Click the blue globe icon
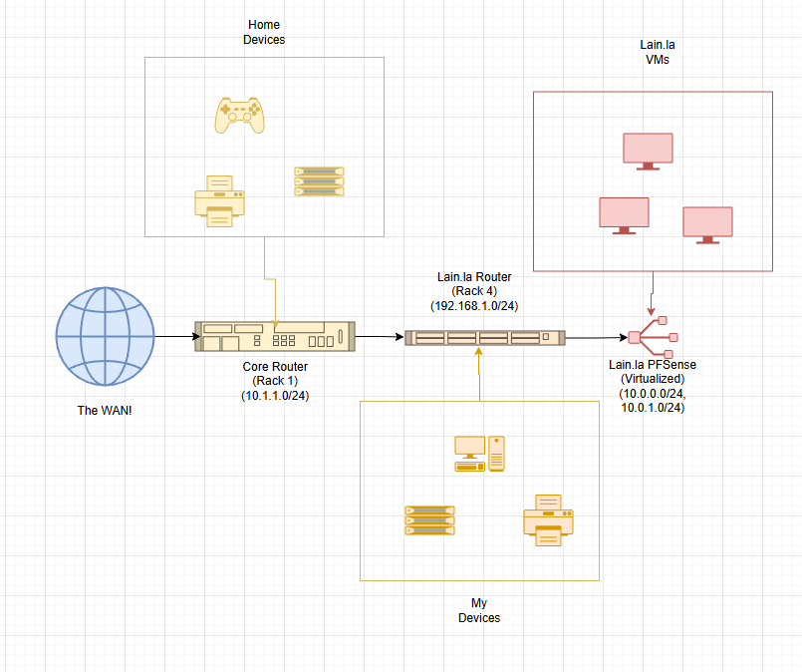coord(105,336)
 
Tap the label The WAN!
coord(105,411)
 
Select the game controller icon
coord(239,116)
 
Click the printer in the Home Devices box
coord(219,201)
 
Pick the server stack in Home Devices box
coord(319,181)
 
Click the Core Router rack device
coord(275,336)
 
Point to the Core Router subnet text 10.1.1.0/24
coord(275,396)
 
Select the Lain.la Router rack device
coord(485,338)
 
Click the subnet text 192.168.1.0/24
coord(474,306)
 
